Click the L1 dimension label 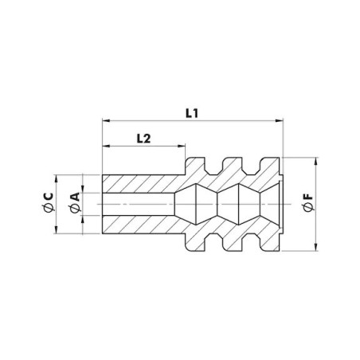pyautogui.click(x=192, y=113)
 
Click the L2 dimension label pyautogui.click(x=143, y=139)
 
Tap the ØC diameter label pyautogui.click(x=49, y=202)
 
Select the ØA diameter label pyautogui.click(x=75, y=203)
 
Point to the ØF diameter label pyautogui.click(x=308, y=203)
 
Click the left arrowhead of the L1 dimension pyautogui.click(x=106, y=121)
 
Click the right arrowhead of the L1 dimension pyautogui.click(x=280, y=121)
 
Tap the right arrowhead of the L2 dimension pyautogui.click(x=182, y=146)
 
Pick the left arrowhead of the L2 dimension pyautogui.click(x=106, y=146)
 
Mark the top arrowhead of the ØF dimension pyautogui.click(x=316, y=162)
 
